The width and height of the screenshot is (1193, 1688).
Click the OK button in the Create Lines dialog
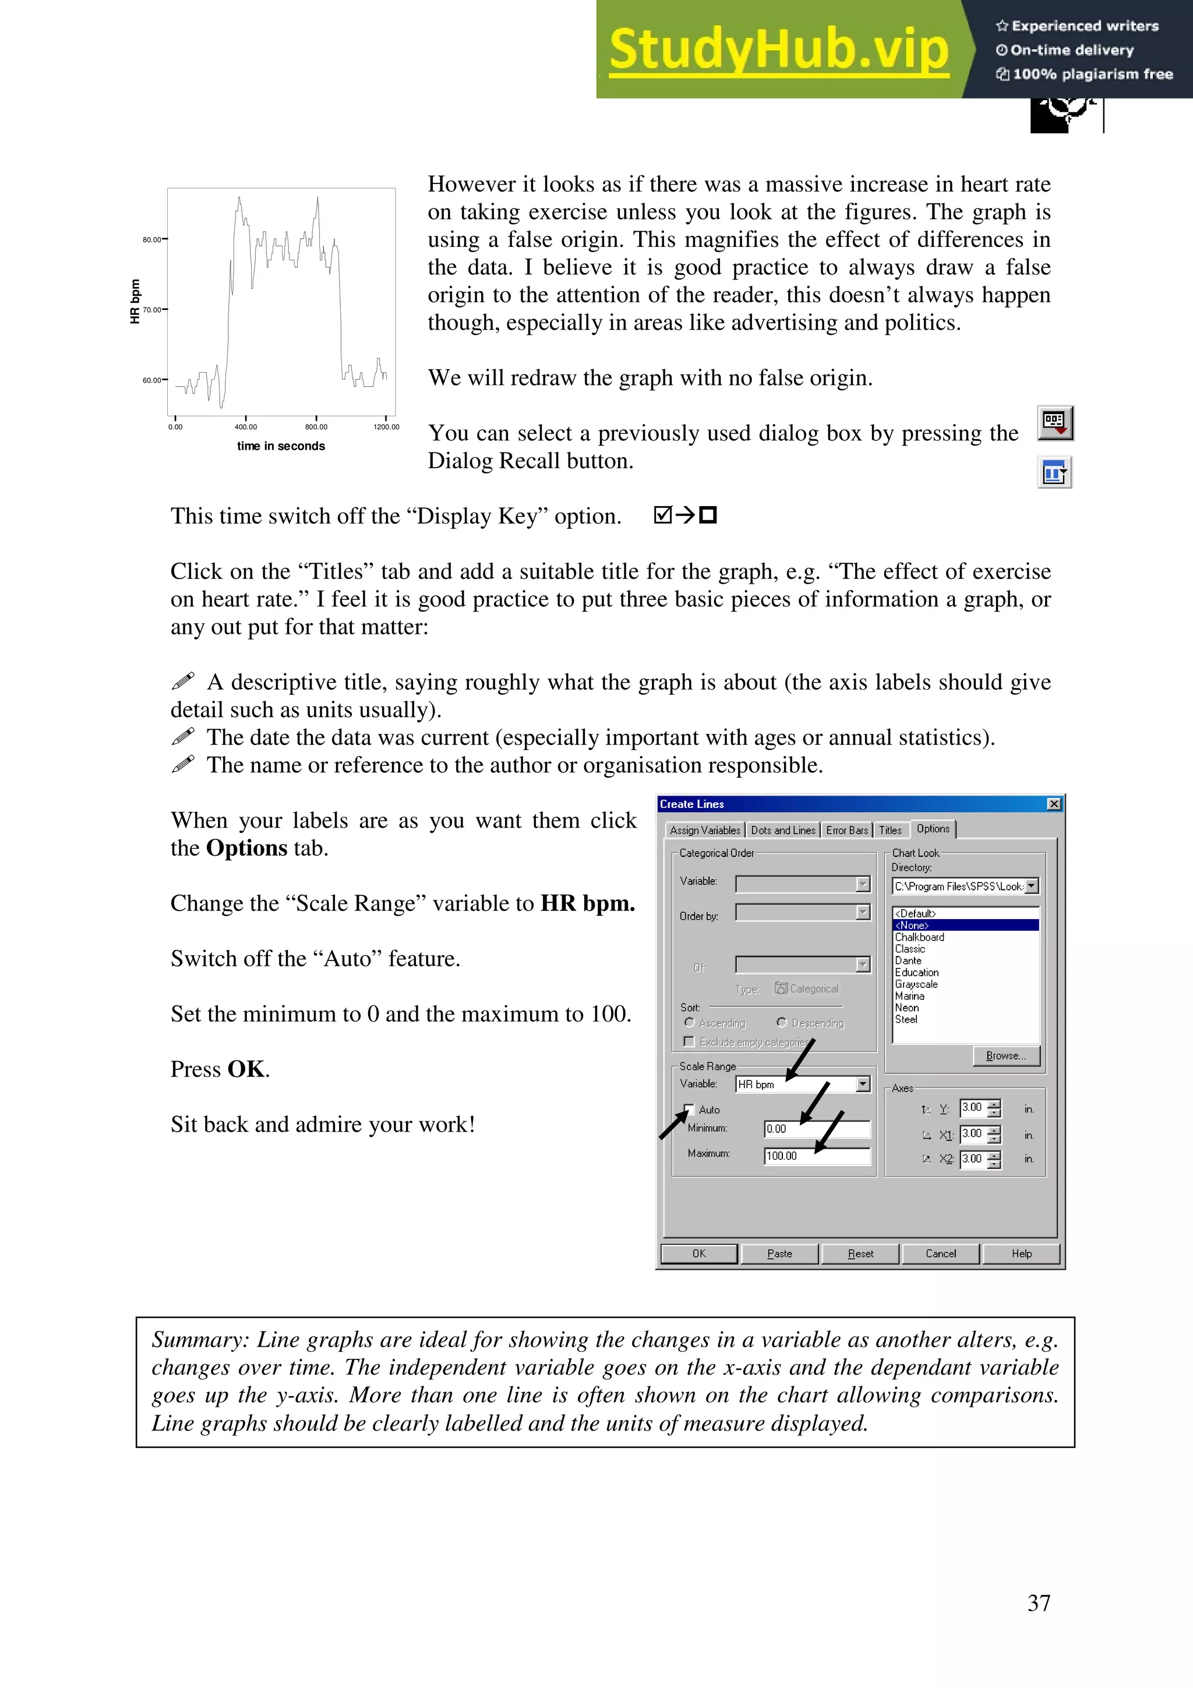[x=699, y=1253]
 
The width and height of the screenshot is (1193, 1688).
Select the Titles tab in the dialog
[x=890, y=830]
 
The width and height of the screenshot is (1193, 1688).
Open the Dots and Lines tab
[x=783, y=830]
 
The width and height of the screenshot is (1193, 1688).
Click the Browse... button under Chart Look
[x=1005, y=1056]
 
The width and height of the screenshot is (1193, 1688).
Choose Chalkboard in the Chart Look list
[x=920, y=937]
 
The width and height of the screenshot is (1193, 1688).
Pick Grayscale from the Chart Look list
[x=916, y=984]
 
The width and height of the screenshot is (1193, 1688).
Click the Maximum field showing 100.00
[x=817, y=1156]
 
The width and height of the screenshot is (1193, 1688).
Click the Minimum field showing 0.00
[x=817, y=1128]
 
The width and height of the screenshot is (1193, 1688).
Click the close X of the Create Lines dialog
[x=1054, y=804]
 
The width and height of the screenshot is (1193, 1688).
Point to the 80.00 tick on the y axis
[x=152, y=239]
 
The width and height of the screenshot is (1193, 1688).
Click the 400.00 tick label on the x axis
[x=245, y=427]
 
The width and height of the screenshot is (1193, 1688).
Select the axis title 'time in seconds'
[x=281, y=446]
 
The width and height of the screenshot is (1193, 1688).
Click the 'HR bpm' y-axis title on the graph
[x=135, y=302]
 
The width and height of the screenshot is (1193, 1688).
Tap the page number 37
[x=1039, y=1603]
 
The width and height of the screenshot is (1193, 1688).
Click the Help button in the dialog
[x=1021, y=1253]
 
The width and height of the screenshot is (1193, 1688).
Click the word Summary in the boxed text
[x=199, y=1340]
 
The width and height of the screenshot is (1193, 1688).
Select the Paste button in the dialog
[x=779, y=1253]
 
